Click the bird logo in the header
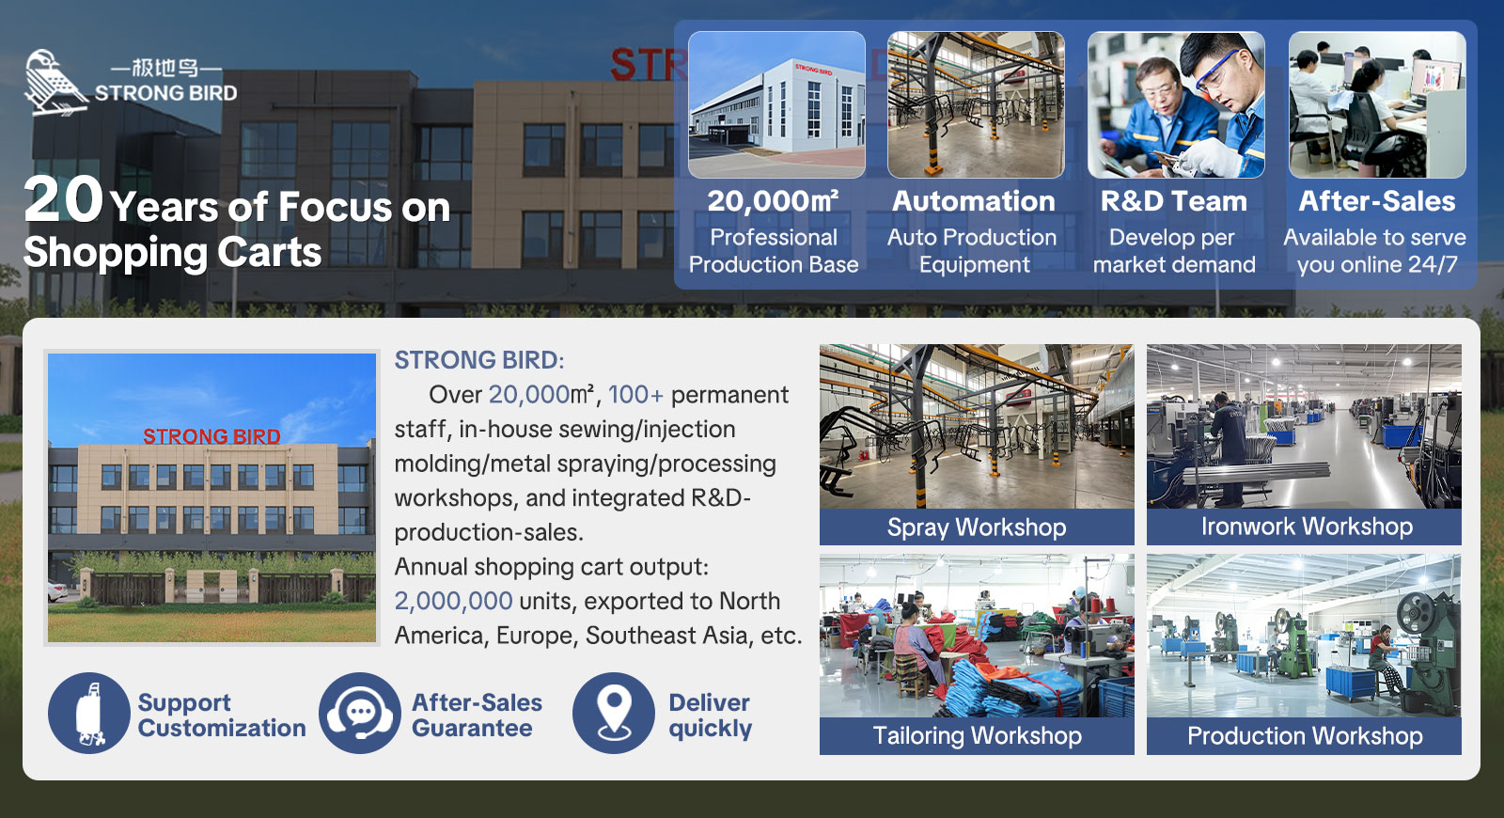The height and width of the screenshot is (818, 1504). [x=55, y=82]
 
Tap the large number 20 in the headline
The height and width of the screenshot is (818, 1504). [x=64, y=199]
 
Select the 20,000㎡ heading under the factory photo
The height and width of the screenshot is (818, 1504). [x=773, y=201]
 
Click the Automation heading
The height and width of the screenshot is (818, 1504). [x=974, y=201]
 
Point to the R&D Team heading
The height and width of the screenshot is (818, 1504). [x=1174, y=201]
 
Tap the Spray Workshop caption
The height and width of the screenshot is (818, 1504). [x=977, y=527]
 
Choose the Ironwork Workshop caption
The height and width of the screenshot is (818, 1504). [x=1307, y=527]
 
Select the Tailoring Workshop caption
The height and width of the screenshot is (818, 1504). [x=977, y=735]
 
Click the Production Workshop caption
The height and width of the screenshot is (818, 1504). [x=1305, y=735]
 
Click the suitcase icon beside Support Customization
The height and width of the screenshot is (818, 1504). [x=89, y=714]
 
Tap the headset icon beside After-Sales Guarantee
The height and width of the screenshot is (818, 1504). [x=360, y=714]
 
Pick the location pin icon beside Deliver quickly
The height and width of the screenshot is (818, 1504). [x=614, y=714]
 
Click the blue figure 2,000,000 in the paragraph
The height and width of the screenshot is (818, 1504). [x=453, y=601]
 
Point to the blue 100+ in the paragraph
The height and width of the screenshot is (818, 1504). [x=635, y=395]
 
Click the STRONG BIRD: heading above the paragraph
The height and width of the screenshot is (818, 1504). [x=479, y=360]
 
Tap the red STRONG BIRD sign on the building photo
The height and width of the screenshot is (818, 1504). [x=211, y=436]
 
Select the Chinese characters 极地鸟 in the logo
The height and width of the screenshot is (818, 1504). [x=165, y=68]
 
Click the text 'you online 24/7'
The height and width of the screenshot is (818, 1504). [x=1377, y=264]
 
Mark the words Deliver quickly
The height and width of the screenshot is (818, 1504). [x=710, y=716]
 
